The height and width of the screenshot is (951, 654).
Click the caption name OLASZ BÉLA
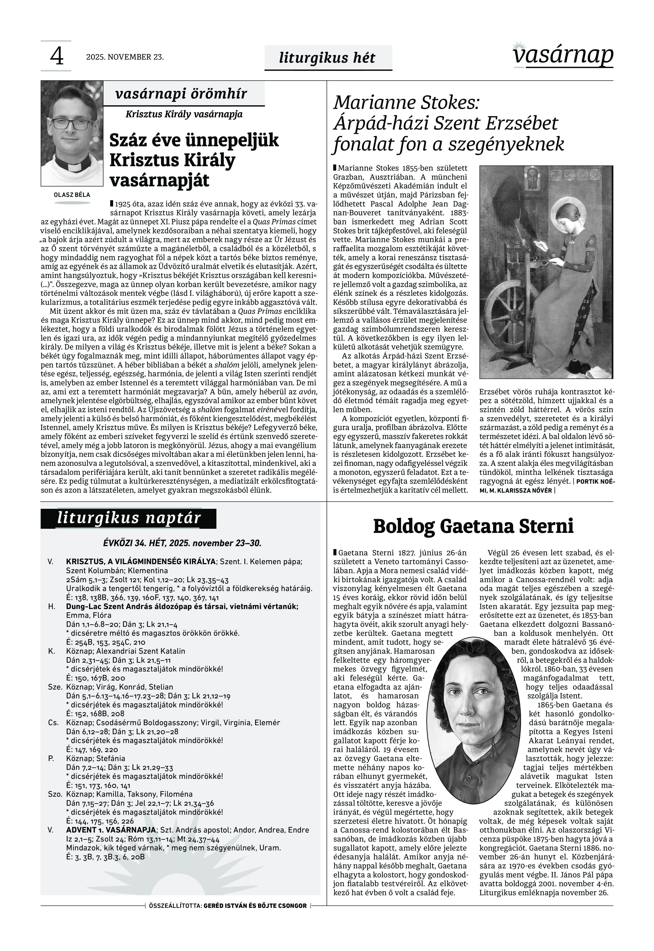point(72,195)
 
